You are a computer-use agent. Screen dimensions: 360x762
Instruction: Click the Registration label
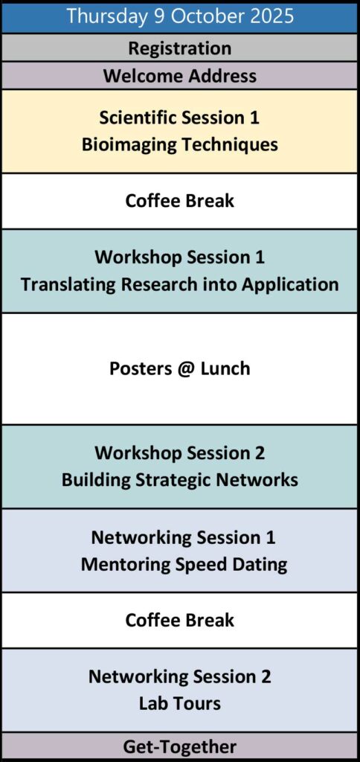pyautogui.click(x=180, y=48)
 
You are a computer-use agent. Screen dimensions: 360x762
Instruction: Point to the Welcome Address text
pyautogui.click(x=180, y=76)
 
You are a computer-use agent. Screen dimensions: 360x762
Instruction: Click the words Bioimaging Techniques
pyautogui.click(x=180, y=145)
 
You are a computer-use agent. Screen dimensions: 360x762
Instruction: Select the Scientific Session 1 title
pyautogui.click(x=180, y=118)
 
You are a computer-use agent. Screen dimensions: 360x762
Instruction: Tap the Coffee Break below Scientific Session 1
pyautogui.click(x=180, y=201)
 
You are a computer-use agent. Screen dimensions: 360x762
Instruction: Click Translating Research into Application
pyautogui.click(x=180, y=284)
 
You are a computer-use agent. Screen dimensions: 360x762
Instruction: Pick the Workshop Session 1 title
pyautogui.click(x=180, y=257)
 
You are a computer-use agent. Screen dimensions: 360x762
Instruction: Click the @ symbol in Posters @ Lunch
pyautogui.click(x=185, y=369)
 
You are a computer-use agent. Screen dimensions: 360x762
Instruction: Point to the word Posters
pyautogui.click(x=141, y=368)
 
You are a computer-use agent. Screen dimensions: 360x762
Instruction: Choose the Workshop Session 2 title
pyautogui.click(x=180, y=453)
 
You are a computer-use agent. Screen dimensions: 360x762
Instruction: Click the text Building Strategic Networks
pyautogui.click(x=180, y=480)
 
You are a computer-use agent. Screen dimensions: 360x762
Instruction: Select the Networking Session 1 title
pyautogui.click(x=183, y=537)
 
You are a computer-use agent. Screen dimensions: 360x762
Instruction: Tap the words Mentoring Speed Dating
pyautogui.click(x=184, y=565)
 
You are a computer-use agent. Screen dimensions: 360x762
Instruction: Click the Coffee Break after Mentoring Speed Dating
pyautogui.click(x=180, y=620)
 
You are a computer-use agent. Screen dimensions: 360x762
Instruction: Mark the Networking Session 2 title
pyautogui.click(x=180, y=676)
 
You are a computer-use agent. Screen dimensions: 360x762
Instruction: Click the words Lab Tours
pyautogui.click(x=180, y=704)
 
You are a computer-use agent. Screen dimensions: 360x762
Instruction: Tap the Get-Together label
pyautogui.click(x=180, y=747)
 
